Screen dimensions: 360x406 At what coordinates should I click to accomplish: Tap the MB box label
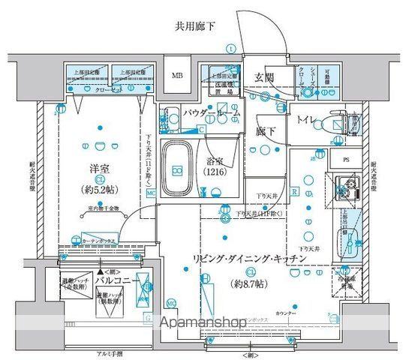177,76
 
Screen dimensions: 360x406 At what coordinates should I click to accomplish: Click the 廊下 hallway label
266,130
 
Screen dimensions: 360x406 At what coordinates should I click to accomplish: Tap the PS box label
346,160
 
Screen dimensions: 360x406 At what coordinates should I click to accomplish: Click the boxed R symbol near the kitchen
296,192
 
